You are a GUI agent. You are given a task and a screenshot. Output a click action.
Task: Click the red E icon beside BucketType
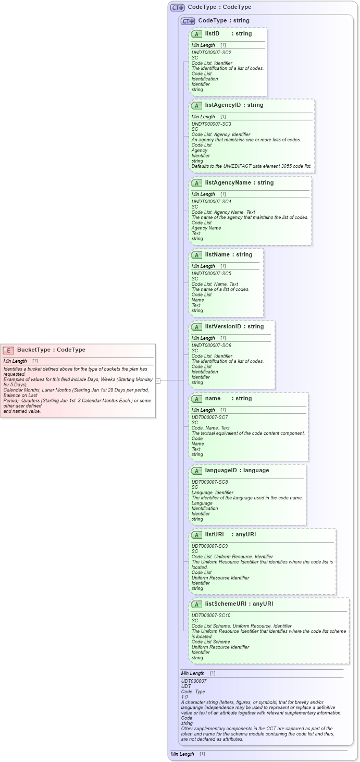(x=8, y=350)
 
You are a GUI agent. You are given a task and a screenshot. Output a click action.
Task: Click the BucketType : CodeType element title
(x=51, y=350)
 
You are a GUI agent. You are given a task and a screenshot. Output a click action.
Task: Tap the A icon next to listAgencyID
(x=196, y=106)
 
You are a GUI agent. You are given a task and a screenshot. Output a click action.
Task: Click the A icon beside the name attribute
(x=196, y=399)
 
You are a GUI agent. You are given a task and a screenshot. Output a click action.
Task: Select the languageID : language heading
(x=237, y=471)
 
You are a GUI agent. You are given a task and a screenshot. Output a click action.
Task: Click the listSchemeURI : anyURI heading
(x=239, y=604)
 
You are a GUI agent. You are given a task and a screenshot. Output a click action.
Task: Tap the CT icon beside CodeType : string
(x=188, y=21)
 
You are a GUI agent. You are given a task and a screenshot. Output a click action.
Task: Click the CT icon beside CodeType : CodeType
(x=178, y=7)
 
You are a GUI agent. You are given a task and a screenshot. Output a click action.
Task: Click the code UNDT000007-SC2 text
(x=211, y=53)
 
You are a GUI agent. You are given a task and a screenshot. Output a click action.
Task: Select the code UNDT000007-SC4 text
(x=211, y=202)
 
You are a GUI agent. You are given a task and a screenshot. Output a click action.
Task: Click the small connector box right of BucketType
(x=158, y=380)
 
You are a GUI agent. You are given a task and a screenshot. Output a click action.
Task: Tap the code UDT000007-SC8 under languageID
(x=209, y=482)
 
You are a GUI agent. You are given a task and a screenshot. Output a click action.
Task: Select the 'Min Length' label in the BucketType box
(x=15, y=361)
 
